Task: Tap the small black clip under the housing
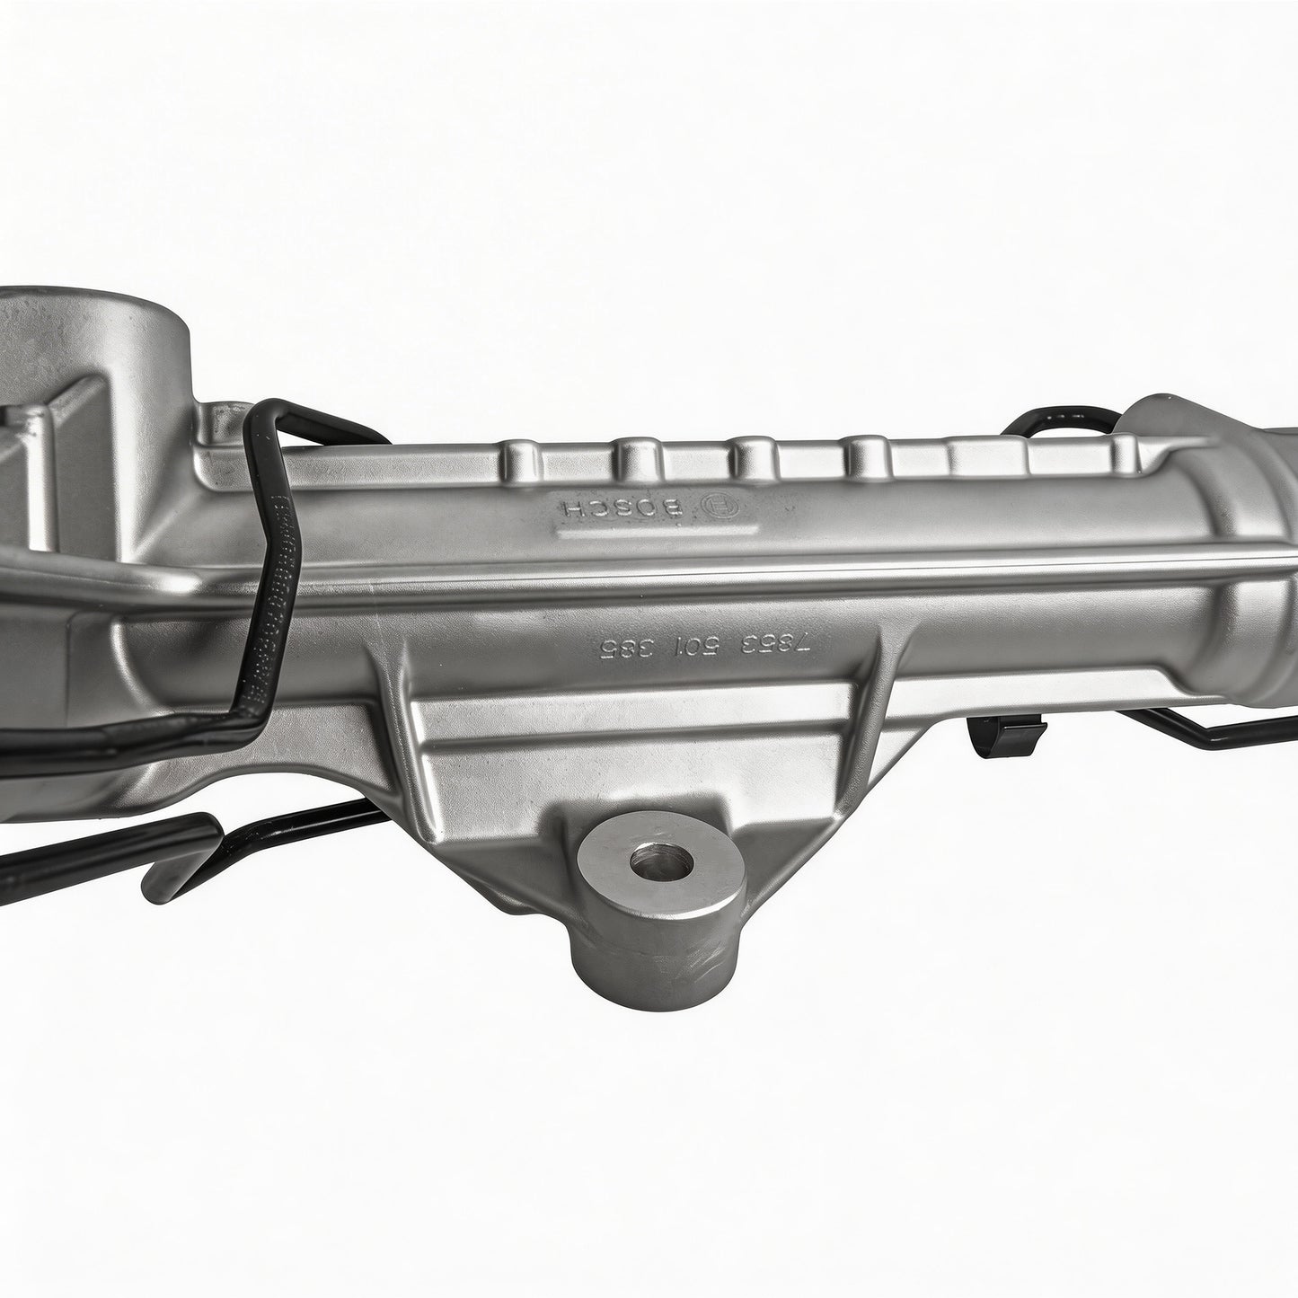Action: click(x=1005, y=732)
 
